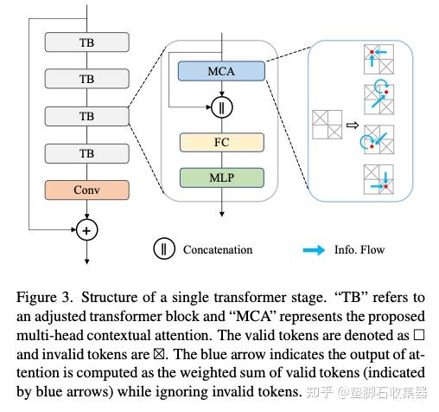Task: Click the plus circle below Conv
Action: point(86,230)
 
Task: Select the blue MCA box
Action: point(219,70)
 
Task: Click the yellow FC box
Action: point(219,142)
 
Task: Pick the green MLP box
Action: point(219,178)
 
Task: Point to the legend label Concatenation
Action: point(218,249)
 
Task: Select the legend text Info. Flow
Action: point(360,249)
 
